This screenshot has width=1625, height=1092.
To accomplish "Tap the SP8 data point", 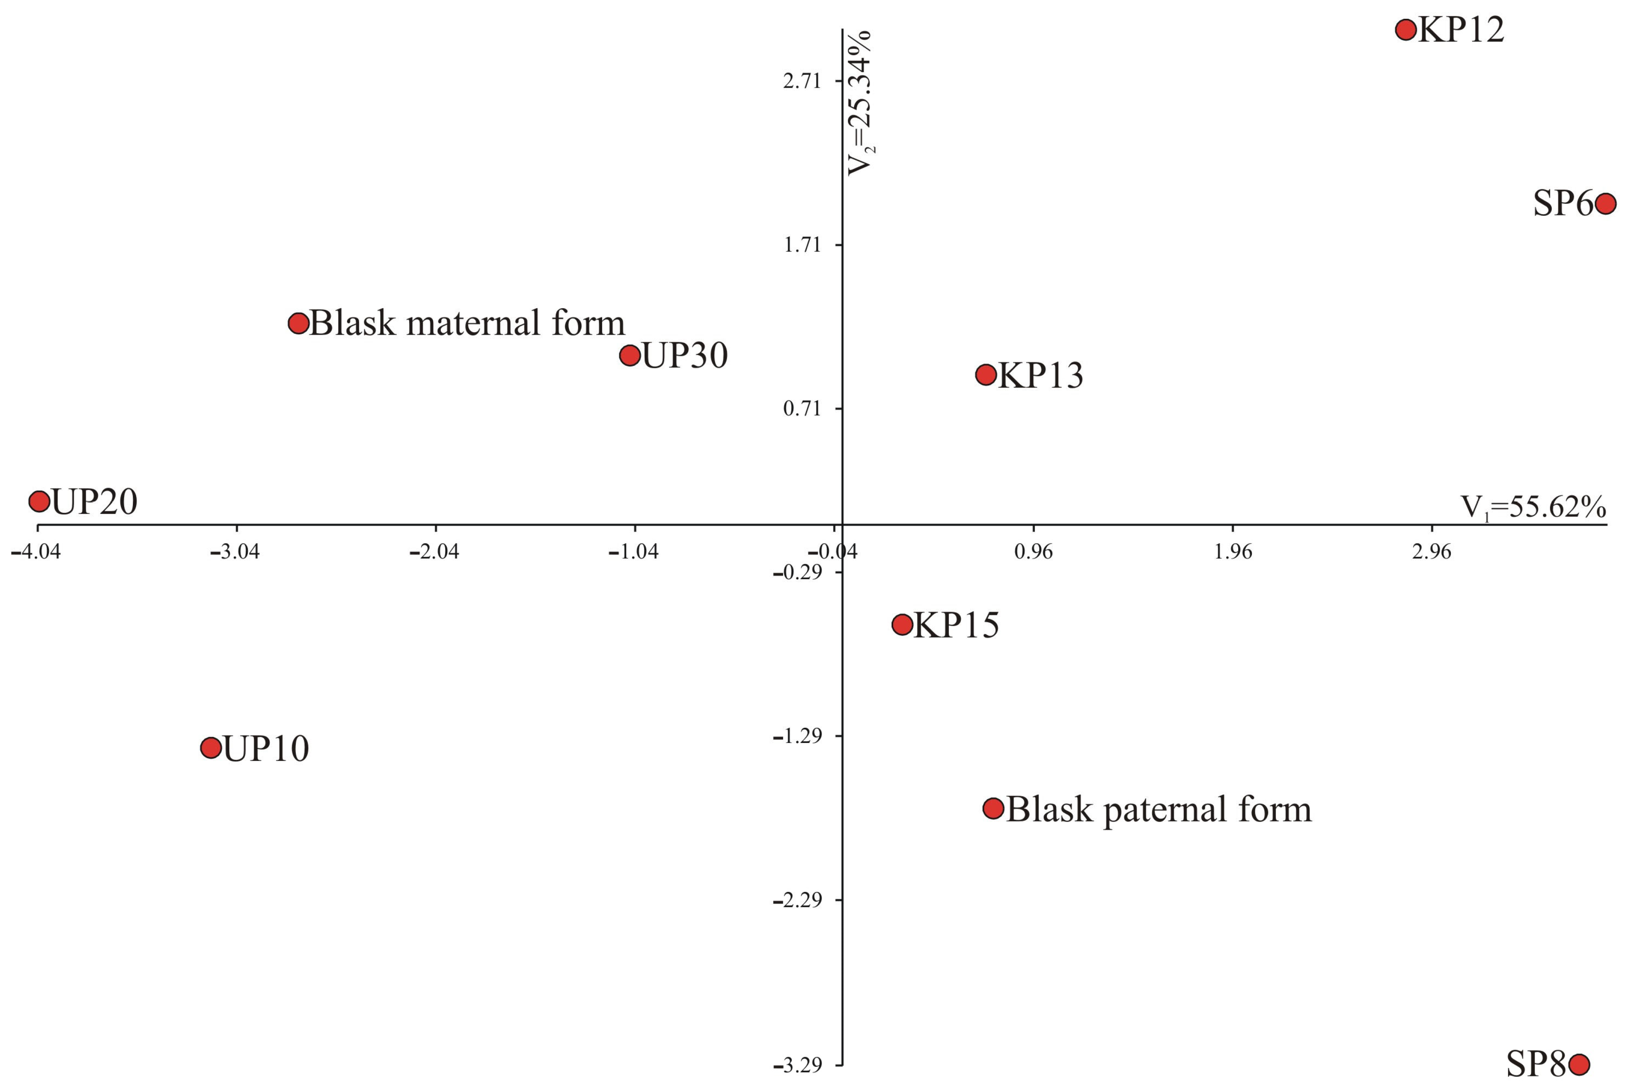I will click(1579, 1064).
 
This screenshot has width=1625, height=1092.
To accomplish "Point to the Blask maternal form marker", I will click(299, 323).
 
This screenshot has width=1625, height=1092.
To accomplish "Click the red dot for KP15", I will click(902, 624).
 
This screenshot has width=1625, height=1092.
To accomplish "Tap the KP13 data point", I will click(986, 375).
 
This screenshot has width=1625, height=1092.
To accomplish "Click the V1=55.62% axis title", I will click(1533, 507).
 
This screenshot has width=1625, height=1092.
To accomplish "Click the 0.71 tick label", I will click(802, 409).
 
